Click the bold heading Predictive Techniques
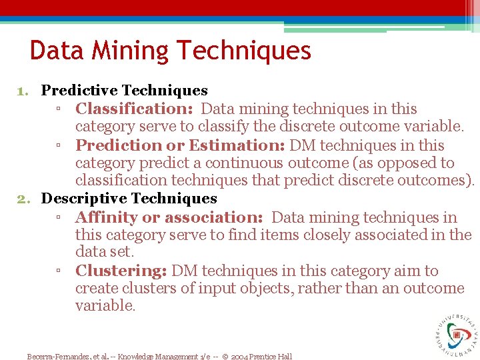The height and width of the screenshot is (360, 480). tap(125, 90)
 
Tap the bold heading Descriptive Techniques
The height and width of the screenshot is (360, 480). tap(129, 198)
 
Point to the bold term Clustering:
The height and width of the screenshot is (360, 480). tap(121, 271)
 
